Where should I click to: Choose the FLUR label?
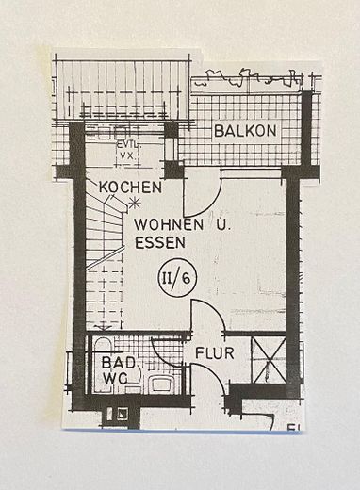click(x=215, y=353)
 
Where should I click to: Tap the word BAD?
click(x=110, y=362)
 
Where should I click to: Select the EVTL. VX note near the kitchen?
click(x=126, y=150)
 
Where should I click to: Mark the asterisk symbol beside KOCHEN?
click(x=136, y=201)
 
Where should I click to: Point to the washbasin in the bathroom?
click(x=161, y=383)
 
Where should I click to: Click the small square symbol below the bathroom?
click(x=123, y=412)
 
